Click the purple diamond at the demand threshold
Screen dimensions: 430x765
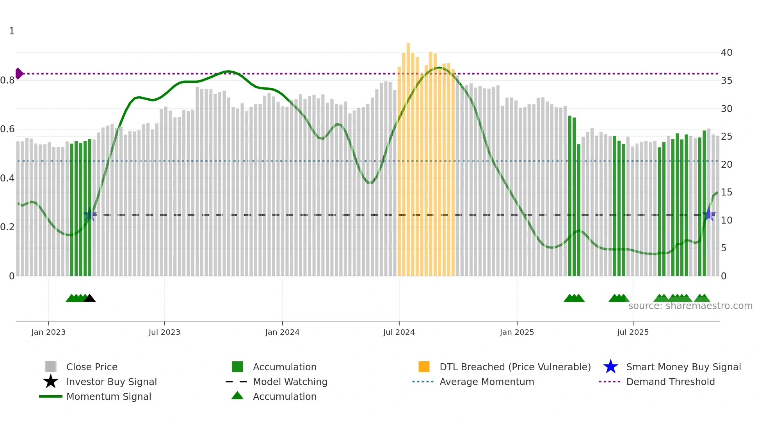click(x=19, y=73)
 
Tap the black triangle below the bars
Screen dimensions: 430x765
click(x=89, y=299)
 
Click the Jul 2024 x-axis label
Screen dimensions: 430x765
click(x=399, y=332)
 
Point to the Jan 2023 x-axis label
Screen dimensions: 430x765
click(x=48, y=332)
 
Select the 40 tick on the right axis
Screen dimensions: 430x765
click(x=726, y=52)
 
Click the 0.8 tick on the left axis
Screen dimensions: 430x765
click(x=7, y=80)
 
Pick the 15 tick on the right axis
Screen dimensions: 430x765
click(x=726, y=192)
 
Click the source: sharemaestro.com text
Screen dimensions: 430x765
click(x=690, y=306)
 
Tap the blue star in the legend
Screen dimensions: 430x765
click(x=610, y=367)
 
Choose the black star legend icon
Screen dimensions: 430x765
click(x=51, y=382)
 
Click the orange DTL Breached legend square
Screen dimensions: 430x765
click(x=424, y=367)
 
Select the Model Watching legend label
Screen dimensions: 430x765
click(x=290, y=382)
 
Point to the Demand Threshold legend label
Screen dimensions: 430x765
click(x=670, y=382)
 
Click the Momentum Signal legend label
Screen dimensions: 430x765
click(x=109, y=396)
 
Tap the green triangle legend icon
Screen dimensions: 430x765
click(x=237, y=396)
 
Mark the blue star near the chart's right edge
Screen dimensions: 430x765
click(x=709, y=215)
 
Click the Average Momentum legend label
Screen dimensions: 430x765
click(x=487, y=382)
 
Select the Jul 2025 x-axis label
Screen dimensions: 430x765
click(x=633, y=332)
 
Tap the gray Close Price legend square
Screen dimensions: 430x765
click(x=51, y=367)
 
